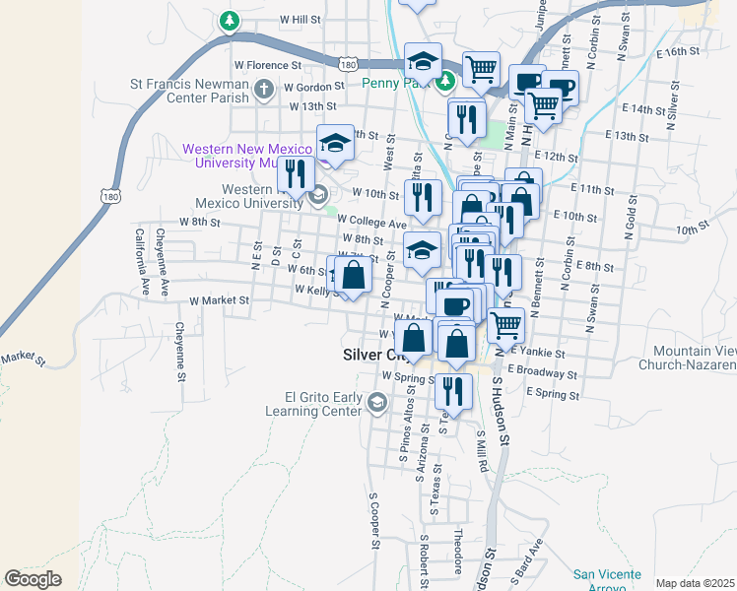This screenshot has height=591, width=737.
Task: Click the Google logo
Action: click(x=33, y=579)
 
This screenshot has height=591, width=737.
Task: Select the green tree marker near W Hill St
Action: click(x=230, y=21)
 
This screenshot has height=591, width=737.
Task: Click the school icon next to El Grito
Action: click(x=376, y=403)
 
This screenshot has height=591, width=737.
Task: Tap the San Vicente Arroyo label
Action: click(x=608, y=580)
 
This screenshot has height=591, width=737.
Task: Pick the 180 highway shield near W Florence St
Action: click(x=347, y=64)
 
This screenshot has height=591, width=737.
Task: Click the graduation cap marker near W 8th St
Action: click(x=422, y=249)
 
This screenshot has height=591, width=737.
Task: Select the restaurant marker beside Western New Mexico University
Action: click(x=295, y=175)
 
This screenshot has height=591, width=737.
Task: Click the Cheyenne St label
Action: click(x=180, y=350)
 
